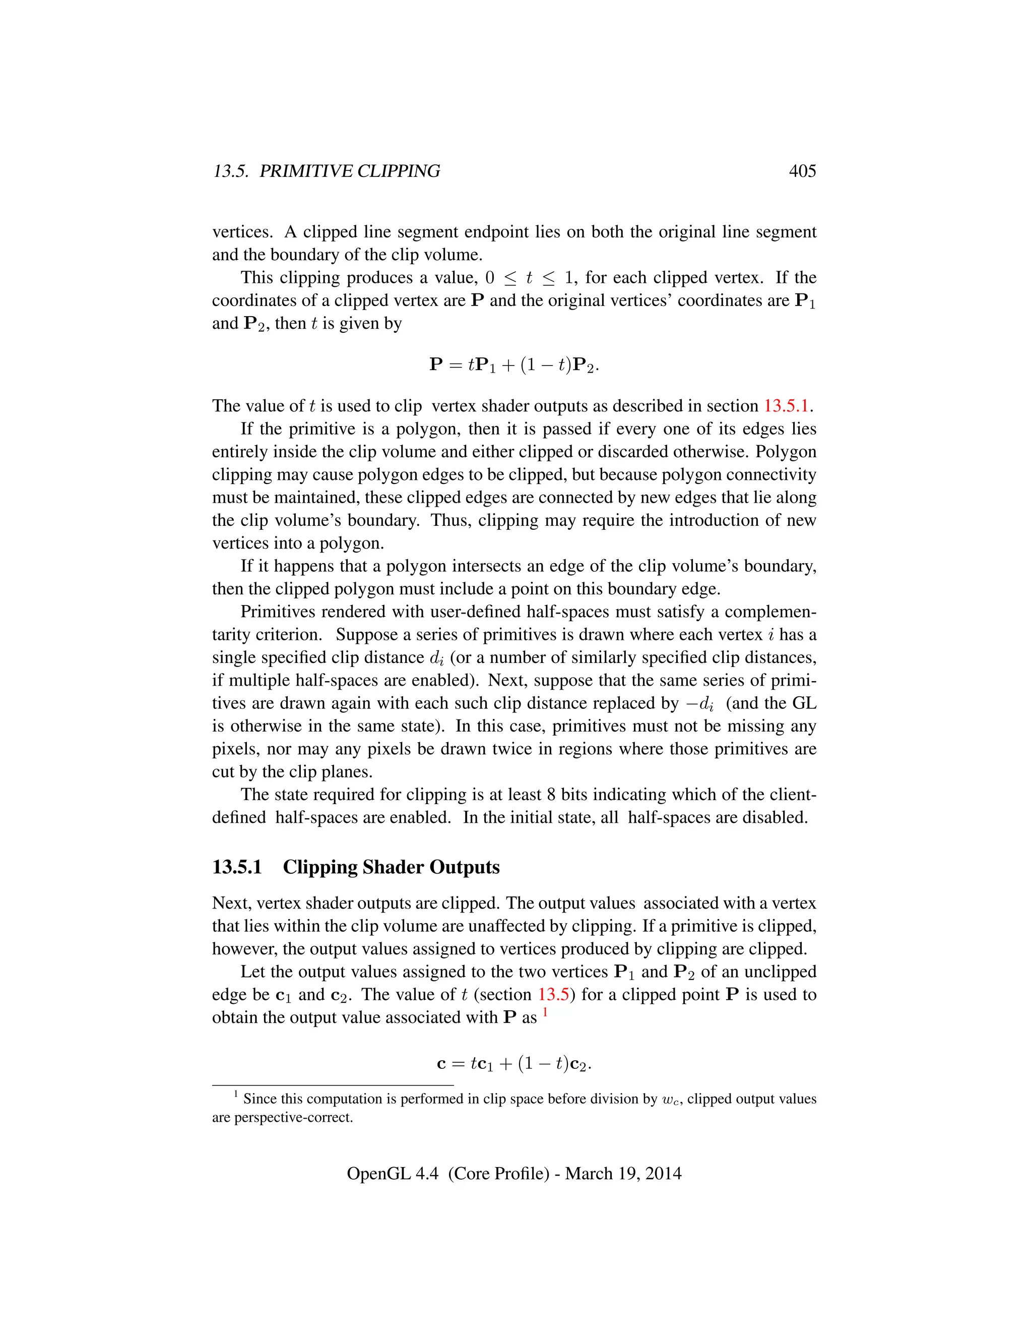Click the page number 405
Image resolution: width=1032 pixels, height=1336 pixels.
point(802,171)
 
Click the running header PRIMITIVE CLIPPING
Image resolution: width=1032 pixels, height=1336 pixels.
point(349,171)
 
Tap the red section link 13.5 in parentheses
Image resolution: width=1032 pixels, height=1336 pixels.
point(553,995)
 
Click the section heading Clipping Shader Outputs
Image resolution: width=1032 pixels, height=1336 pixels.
point(391,868)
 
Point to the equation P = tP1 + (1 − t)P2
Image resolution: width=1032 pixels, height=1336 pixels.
point(514,365)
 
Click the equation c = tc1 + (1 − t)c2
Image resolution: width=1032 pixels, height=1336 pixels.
point(514,1064)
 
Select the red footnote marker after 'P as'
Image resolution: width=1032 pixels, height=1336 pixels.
point(545,1013)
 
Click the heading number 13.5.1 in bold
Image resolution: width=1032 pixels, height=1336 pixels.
point(237,868)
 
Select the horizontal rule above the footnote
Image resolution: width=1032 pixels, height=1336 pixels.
point(333,1085)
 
